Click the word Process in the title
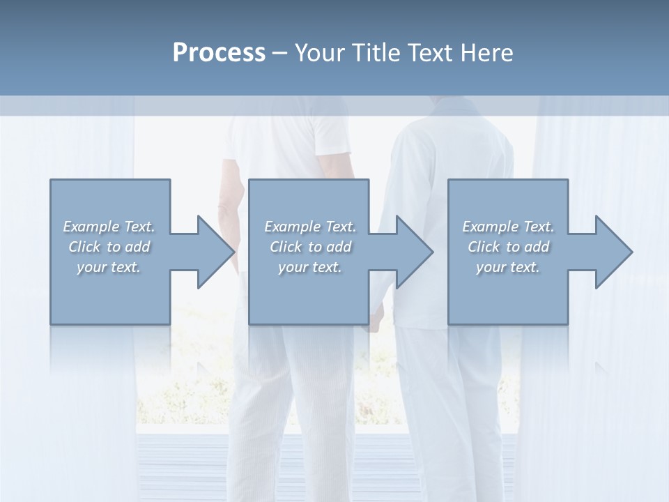(219, 53)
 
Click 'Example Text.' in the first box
(109, 227)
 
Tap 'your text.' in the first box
(109, 267)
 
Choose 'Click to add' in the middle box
(310, 247)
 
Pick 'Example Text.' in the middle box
(310, 227)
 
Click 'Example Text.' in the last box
(508, 227)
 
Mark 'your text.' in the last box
(508, 267)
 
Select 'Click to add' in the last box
(508, 247)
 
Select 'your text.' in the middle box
(310, 267)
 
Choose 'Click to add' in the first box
(109, 247)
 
